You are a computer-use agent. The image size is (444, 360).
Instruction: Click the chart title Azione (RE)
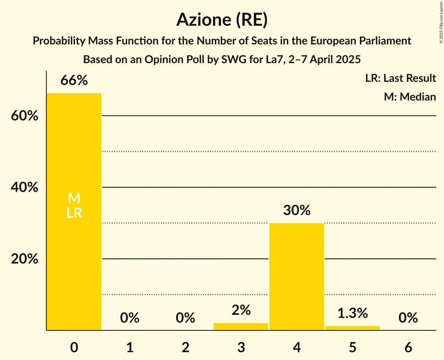point(222,20)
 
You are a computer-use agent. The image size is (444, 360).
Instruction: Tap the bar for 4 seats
point(297,277)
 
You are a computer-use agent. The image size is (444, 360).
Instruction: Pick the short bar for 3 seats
point(241,326)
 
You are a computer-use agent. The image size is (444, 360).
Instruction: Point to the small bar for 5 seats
point(352,328)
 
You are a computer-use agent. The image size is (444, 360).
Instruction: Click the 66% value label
point(74,81)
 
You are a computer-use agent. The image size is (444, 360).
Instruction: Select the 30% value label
point(297,211)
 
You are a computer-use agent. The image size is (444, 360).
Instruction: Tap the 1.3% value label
point(352,313)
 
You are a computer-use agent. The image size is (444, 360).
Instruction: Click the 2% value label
point(241,310)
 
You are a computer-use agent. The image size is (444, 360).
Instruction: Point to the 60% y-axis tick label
point(25,116)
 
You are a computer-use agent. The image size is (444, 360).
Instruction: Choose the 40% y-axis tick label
point(25,187)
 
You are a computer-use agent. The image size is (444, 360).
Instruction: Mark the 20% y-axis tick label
point(25,259)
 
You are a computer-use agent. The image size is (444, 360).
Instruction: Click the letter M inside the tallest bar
point(74,198)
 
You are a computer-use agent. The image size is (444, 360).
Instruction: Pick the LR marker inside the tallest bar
point(74,213)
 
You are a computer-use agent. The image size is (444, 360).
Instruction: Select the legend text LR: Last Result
point(400,78)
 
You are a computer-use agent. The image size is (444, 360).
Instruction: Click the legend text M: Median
point(410,97)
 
